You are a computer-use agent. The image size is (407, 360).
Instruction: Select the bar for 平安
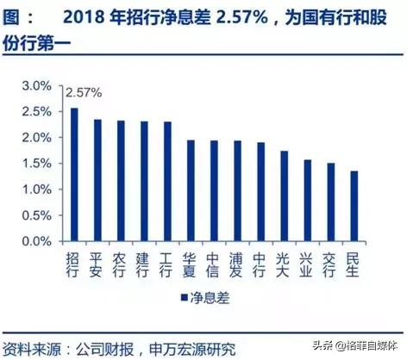coord(97,180)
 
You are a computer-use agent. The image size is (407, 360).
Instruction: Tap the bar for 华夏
coord(191,190)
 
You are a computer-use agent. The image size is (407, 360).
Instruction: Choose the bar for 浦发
coord(237,190)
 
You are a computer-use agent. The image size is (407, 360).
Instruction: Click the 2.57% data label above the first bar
coord(83,90)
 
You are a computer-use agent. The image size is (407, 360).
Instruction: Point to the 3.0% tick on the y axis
coord(37,85)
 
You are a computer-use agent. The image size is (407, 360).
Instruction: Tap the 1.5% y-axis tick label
coord(37,164)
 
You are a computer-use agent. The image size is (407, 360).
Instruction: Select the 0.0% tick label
coord(37,241)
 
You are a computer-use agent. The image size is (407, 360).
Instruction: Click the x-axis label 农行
coord(121,265)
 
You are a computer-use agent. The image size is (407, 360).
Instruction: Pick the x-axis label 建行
coord(144,265)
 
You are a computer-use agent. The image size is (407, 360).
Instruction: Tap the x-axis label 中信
coord(214,265)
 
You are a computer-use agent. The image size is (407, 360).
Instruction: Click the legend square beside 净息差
coord(184,298)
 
